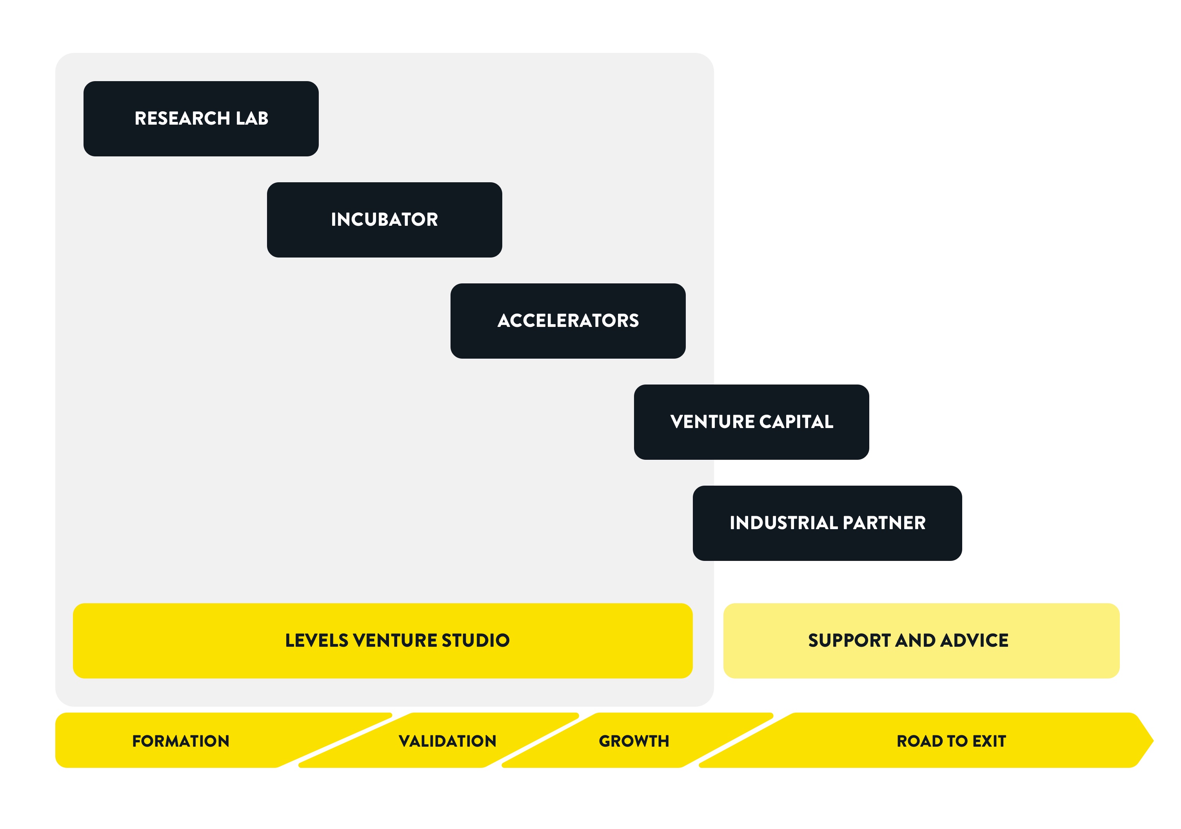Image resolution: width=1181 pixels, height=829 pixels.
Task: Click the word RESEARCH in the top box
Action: pos(182,119)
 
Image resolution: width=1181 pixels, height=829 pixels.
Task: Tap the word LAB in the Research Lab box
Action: pos(252,119)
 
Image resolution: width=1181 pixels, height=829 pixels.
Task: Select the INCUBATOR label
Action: pos(384,219)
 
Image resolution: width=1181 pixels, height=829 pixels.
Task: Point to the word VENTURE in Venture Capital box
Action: pos(712,422)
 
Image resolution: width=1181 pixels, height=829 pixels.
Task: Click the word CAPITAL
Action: pos(796,422)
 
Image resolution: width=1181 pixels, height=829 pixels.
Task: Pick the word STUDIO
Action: pos(475,641)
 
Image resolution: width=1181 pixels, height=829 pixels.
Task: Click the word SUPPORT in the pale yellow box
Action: pos(849,641)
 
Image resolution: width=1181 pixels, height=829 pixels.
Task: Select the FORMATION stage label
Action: pos(180,741)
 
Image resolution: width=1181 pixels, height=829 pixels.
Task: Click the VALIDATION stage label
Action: pos(447,741)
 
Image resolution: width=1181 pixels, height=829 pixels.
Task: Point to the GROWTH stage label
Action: pos(634,741)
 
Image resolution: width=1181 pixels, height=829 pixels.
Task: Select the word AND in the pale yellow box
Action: pos(915,641)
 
